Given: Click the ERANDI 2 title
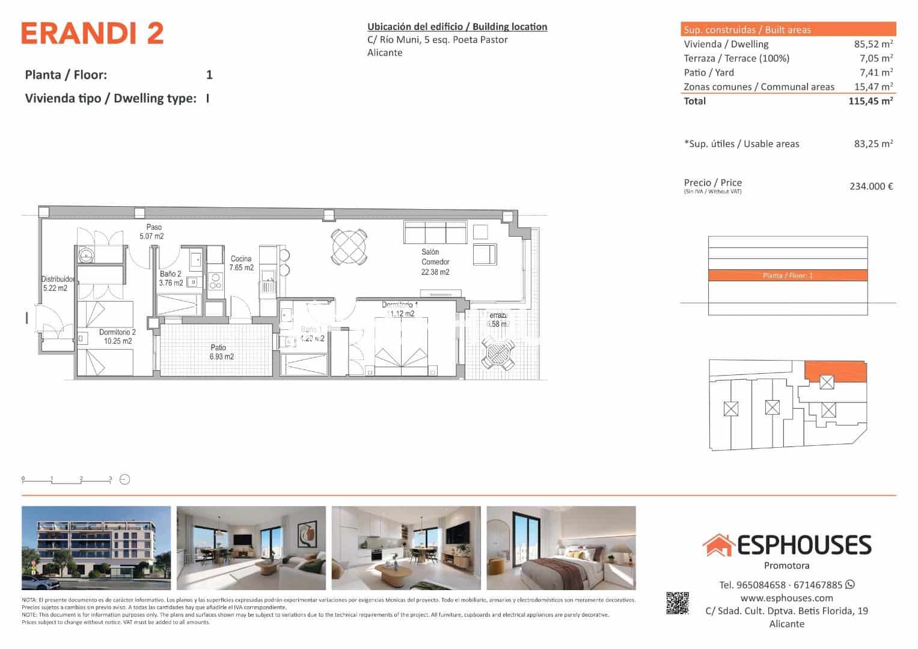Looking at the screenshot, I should pyautogui.click(x=92, y=34).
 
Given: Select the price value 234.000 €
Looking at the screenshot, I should pyautogui.click(x=871, y=186).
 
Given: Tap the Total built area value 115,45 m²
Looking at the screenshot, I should pyautogui.click(x=870, y=101).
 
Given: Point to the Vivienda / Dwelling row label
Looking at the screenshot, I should pyautogui.click(x=726, y=44).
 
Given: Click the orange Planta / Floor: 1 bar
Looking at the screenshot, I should pyautogui.click(x=788, y=275).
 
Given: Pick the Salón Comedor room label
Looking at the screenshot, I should pyautogui.click(x=435, y=262).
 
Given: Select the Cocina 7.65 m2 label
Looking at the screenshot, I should pyautogui.click(x=242, y=263).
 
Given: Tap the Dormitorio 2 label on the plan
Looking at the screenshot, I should pyautogui.click(x=117, y=337).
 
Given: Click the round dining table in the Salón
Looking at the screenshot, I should pyautogui.click(x=349, y=246).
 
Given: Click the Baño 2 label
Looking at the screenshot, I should pyautogui.click(x=171, y=278).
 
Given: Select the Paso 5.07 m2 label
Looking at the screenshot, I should pyautogui.click(x=151, y=232).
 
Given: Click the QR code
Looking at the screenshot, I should pyautogui.click(x=678, y=603).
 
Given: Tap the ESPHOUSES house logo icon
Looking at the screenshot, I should pyautogui.click(x=718, y=544).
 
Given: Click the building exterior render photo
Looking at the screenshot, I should pyautogui.click(x=96, y=548).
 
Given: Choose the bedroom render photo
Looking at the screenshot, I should pyautogui.click(x=561, y=548).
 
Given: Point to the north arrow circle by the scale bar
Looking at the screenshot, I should pyautogui.click(x=125, y=480).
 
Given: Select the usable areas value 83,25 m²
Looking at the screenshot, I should pyautogui.click(x=873, y=144).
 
